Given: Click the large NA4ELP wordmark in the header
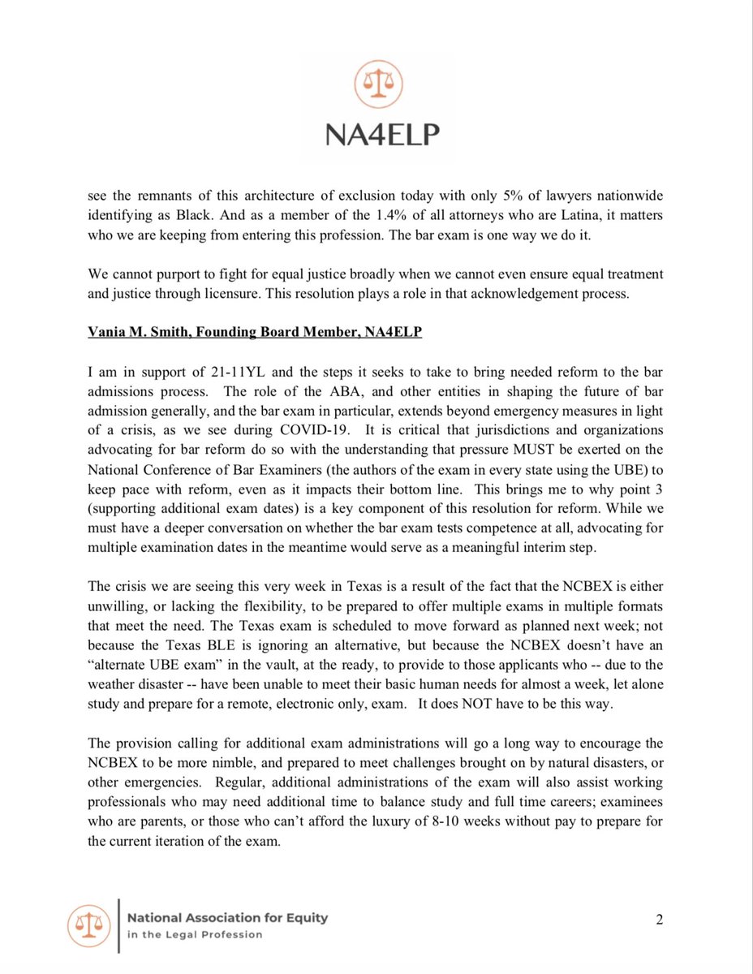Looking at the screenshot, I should pyautogui.click(x=376, y=134).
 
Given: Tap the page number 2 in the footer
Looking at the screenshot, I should pyautogui.click(x=660, y=919).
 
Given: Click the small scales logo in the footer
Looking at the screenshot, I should pyautogui.click(x=88, y=925).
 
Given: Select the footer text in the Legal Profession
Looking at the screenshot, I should pyautogui.click(x=195, y=934).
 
